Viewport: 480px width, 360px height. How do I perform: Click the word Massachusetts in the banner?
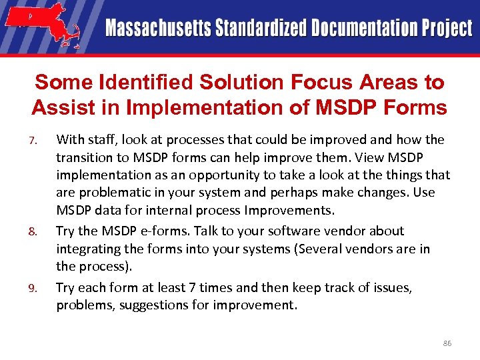click(158, 29)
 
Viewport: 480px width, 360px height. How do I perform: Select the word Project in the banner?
click(445, 29)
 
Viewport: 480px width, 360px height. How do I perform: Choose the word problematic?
click(115, 193)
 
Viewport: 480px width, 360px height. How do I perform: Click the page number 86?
click(447, 343)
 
